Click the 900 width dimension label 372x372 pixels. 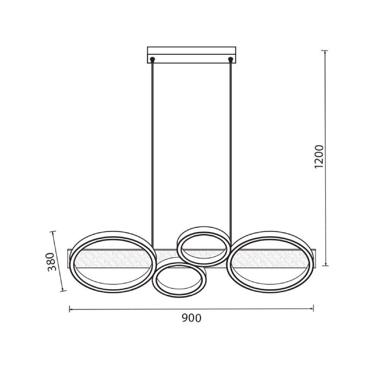192,318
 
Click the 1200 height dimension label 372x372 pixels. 319,157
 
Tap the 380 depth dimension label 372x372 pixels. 51,262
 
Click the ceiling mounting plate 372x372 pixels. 192,55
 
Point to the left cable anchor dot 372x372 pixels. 153,59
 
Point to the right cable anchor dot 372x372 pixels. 230,59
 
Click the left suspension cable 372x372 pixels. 153,154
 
